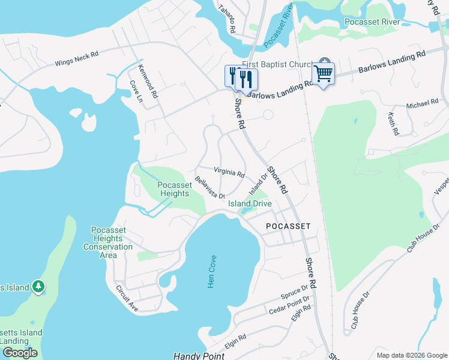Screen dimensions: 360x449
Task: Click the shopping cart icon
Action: [x=323, y=74]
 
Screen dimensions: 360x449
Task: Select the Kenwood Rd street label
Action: [x=148, y=82]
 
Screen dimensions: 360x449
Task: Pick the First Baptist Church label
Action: [x=277, y=65]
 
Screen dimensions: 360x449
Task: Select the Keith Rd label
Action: [x=393, y=124]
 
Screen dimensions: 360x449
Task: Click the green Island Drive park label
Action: [x=250, y=203]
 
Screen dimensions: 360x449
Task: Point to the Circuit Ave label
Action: [x=127, y=298]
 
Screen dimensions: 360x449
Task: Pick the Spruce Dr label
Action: [x=294, y=293]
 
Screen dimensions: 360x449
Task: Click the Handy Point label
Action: [x=199, y=356]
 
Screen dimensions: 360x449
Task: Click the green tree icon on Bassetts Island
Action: [x=39, y=286]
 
